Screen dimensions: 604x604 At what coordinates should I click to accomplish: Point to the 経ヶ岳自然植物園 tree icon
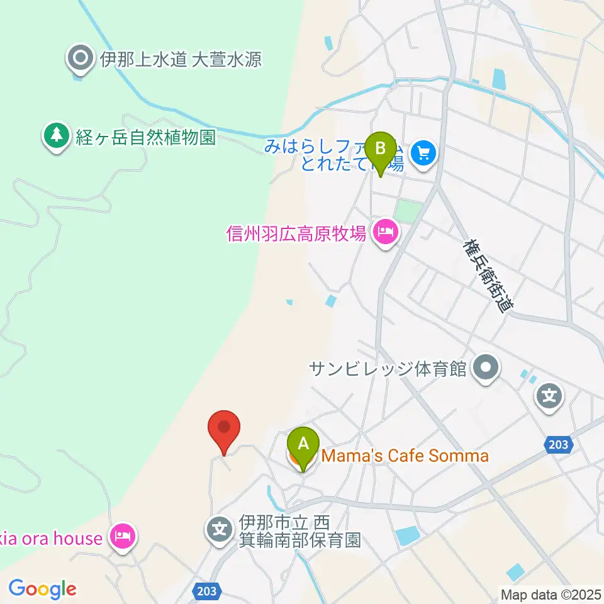click(x=57, y=136)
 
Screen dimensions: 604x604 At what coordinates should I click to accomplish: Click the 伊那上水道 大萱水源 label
click(x=181, y=60)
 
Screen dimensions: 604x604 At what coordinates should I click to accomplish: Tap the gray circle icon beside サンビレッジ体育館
click(x=486, y=367)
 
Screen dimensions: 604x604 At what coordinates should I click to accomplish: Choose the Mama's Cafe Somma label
click(x=405, y=456)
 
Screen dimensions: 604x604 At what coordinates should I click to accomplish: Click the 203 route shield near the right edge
click(x=557, y=445)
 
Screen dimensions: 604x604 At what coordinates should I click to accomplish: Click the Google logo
click(x=42, y=588)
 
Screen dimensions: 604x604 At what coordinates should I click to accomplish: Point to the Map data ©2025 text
click(x=549, y=594)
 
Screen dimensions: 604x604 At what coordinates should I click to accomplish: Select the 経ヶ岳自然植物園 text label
click(x=145, y=138)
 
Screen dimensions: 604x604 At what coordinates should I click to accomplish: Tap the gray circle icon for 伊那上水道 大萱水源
click(x=81, y=60)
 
